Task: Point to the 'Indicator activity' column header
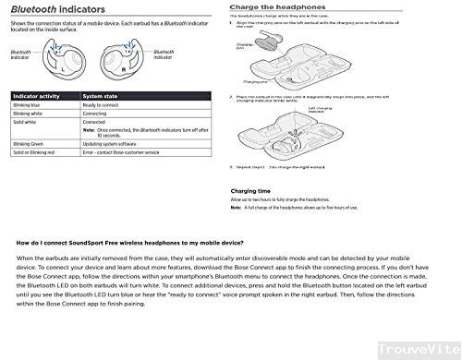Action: (x=36, y=95)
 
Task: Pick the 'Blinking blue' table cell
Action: (x=28, y=104)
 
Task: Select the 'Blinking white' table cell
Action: (x=29, y=113)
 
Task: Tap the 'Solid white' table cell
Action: (x=25, y=121)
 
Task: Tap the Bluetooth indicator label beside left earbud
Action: (x=21, y=56)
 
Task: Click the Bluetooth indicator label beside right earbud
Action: (x=164, y=54)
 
